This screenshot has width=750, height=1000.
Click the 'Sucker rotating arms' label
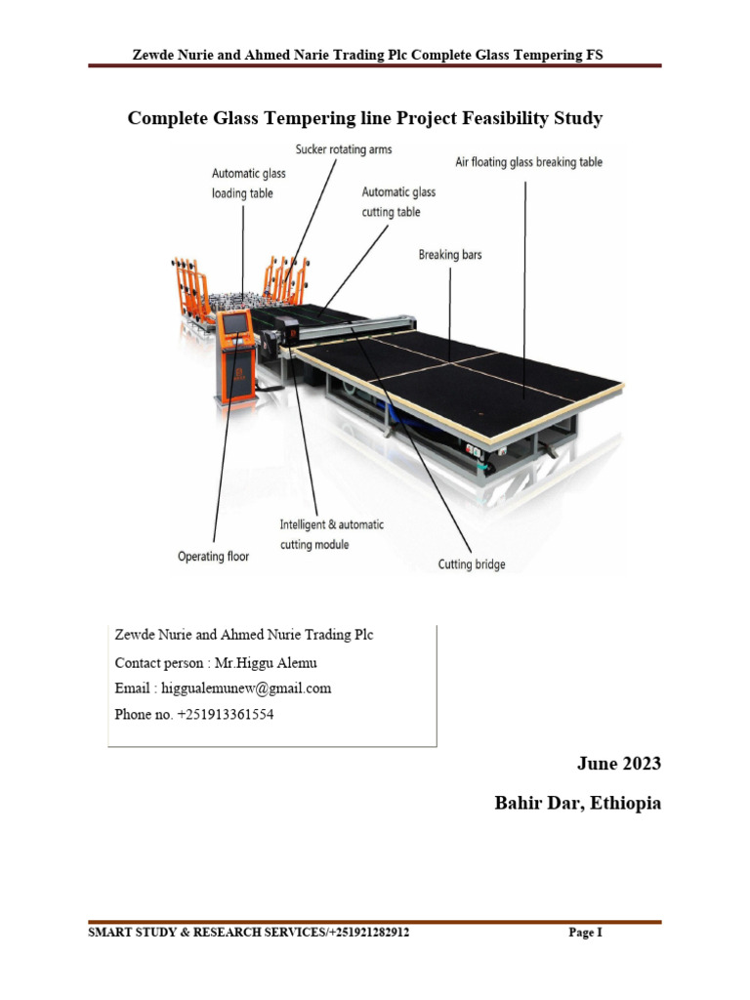pyautogui.click(x=343, y=149)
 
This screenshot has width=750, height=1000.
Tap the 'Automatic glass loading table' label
pyautogui.click(x=249, y=184)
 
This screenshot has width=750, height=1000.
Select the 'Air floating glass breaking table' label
pyautogui.click(x=528, y=162)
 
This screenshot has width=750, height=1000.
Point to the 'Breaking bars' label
pyautogui.click(x=450, y=255)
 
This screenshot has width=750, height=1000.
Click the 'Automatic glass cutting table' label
pyautogui.click(x=398, y=202)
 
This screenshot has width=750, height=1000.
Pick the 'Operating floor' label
pyautogui.click(x=213, y=557)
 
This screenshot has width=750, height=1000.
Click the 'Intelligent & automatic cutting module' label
pyautogui.click(x=331, y=534)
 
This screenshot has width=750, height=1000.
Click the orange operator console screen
pyautogui.click(x=235, y=323)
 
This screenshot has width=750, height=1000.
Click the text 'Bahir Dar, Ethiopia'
pyautogui.click(x=578, y=804)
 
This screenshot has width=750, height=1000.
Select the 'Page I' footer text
pyautogui.click(x=585, y=934)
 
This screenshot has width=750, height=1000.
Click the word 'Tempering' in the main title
pyautogui.click(x=314, y=119)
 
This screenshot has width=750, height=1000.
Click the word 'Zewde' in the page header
pyautogui.click(x=152, y=56)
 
